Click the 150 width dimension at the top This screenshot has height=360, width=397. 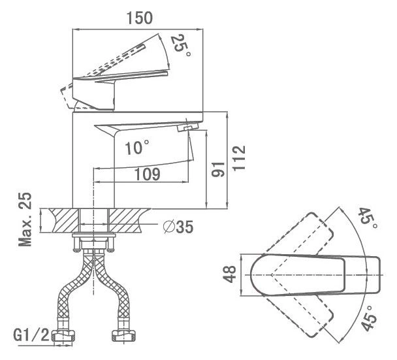coord(140,18)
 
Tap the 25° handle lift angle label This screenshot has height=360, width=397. coord(180,46)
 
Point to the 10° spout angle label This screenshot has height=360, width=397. coord(137,147)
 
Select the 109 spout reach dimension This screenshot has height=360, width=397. coord(147,174)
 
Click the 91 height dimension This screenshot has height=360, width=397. coord(218,169)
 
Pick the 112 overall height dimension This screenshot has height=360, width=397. coord(239,158)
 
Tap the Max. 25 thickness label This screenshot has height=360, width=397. coord(25,220)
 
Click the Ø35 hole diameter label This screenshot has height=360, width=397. coord(178,227)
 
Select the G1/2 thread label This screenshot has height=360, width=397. coord(31,336)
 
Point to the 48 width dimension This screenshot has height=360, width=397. coord(229,274)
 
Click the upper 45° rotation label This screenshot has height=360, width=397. coord(368,218)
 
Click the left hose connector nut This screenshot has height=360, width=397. coord(64,336)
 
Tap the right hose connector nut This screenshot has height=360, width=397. coord(123,336)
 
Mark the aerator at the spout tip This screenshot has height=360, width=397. coord(187,127)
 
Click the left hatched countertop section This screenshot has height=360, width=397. coord(64,220)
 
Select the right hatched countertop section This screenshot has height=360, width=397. coord(128,220)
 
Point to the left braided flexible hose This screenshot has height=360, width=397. coord(73,289)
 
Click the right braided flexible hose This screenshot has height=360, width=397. coord(113,289)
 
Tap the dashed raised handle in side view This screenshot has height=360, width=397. coord(119,59)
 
